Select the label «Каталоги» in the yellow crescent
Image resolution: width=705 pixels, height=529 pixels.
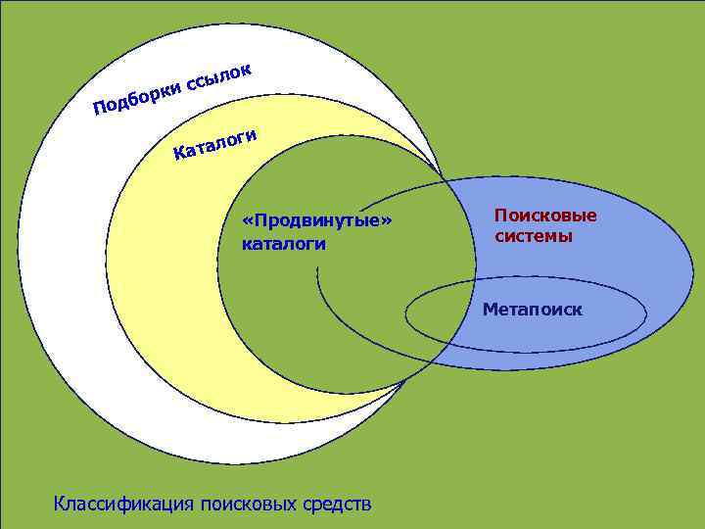215,143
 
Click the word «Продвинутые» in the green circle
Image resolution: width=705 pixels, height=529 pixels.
315,220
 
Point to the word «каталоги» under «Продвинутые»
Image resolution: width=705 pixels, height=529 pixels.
284,243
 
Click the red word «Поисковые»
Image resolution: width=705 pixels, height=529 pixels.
545,216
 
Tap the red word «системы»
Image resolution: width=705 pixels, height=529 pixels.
534,236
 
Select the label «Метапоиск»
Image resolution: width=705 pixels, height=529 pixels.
532,310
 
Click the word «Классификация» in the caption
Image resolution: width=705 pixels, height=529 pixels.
124,505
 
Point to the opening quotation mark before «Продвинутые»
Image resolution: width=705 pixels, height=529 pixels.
247,220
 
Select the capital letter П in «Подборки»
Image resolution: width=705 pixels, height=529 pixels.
100,106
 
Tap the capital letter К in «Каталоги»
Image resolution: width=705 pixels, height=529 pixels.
180,153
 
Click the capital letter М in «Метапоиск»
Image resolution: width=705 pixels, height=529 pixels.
489,310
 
